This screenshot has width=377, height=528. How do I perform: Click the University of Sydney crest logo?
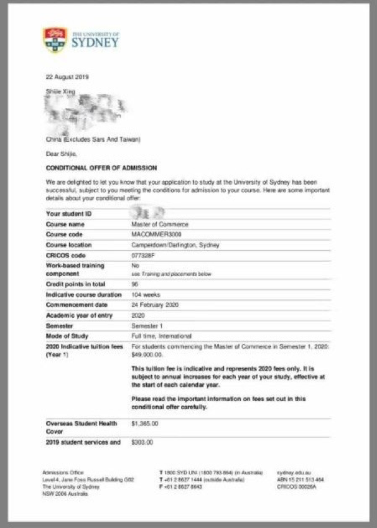[x=54, y=40]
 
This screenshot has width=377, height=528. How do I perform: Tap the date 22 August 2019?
[x=67, y=77]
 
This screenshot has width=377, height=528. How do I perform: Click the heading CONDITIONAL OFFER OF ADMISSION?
[x=101, y=168]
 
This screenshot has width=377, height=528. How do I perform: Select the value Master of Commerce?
[x=159, y=224]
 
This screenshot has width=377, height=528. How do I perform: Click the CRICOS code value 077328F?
[x=144, y=256]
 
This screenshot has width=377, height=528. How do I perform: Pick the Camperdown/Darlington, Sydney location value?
[x=175, y=245]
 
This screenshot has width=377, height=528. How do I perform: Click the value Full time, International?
[x=161, y=336]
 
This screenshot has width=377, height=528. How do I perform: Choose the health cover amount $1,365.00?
[x=145, y=424]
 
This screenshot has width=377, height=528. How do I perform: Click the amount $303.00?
[x=142, y=442]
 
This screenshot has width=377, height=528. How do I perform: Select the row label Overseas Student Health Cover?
[x=81, y=427]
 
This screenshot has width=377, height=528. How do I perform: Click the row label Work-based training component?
[x=75, y=269]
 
